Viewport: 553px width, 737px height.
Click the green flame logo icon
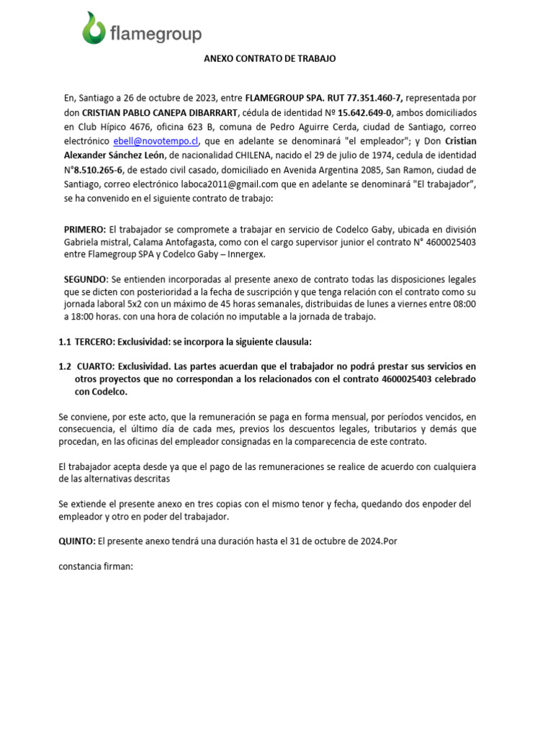pyautogui.click(x=93, y=28)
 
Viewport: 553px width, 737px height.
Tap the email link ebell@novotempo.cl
pyautogui.click(x=155, y=141)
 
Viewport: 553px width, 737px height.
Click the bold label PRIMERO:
pyautogui.click(x=85, y=229)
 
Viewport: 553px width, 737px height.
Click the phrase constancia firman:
pyautogui.click(x=96, y=566)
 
